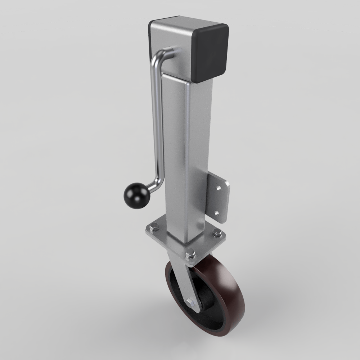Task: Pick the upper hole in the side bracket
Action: click(x=218, y=188)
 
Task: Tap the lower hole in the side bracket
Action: click(x=217, y=212)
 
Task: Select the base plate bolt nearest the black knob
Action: click(x=154, y=227)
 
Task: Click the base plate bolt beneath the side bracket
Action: click(x=217, y=233)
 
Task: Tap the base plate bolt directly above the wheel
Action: click(x=190, y=255)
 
